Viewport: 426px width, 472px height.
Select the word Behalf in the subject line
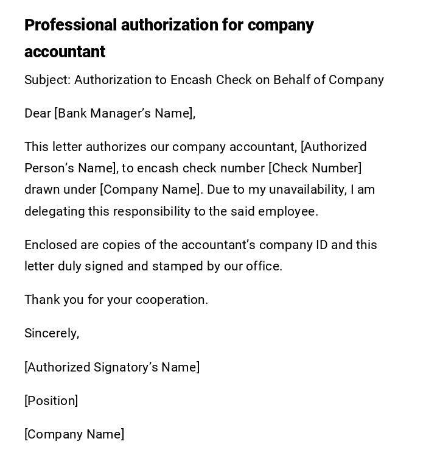(292, 80)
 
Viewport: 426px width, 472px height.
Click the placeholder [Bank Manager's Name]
(124, 113)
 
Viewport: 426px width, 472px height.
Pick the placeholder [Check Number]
(315, 168)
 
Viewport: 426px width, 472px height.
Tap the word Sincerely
(51, 333)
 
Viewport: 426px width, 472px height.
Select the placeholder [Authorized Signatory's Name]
(112, 367)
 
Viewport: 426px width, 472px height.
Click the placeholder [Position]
(51, 401)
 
